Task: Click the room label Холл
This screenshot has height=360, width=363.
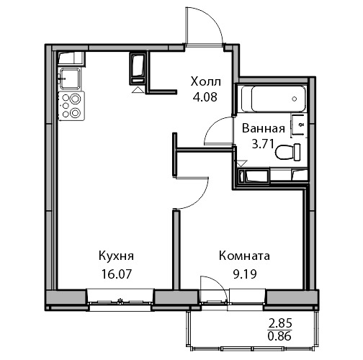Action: click(x=206, y=82)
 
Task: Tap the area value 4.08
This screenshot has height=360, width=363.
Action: click(x=205, y=97)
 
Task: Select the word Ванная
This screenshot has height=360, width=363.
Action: click(x=264, y=128)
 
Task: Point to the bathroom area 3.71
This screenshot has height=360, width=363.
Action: click(x=263, y=144)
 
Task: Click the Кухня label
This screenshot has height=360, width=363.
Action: click(x=116, y=256)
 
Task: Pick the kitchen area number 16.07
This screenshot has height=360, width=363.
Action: click(x=117, y=274)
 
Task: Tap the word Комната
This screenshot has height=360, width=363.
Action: click(x=244, y=256)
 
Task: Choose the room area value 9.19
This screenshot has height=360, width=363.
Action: click(x=245, y=274)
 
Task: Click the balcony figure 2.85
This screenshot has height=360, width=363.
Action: click(x=280, y=323)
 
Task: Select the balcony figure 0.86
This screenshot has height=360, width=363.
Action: click(x=279, y=336)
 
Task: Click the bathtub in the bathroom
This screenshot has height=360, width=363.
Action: click(x=274, y=99)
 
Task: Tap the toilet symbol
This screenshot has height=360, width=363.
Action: click(x=288, y=152)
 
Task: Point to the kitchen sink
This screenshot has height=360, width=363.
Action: click(x=70, y=78)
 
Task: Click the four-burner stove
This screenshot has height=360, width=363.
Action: click(x=71, y=106)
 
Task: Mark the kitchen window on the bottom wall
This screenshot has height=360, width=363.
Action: click(x=120, y=301)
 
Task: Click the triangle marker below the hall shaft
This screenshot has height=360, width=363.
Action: click(x=138, y=90)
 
